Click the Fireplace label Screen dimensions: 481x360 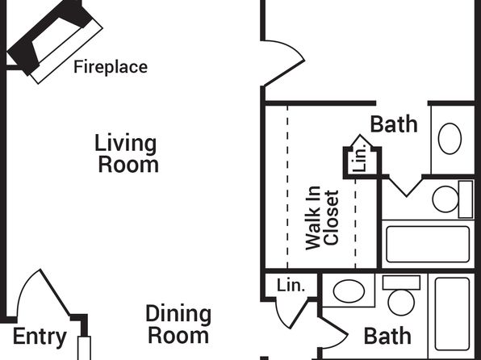click(x=111, y=67)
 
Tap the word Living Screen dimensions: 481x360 click(x=125, y=143)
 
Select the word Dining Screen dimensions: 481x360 click(x=178, y=315)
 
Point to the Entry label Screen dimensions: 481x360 click(x=40, y=337)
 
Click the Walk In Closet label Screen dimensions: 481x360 click(x=322, y=218)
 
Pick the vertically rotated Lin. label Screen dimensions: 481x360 click(x=359, y=157)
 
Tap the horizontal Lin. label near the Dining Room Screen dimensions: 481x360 click(x=291, y=286)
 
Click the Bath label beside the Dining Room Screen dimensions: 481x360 click(x=387, y=337)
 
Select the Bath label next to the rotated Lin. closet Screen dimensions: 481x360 click(x=394, y=124)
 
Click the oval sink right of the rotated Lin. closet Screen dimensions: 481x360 click(x=450, y=139)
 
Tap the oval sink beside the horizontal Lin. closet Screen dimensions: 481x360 click(x=349, y=291)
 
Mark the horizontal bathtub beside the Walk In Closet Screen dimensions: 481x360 click(x=428, y=245)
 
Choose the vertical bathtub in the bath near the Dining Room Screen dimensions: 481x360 click(x=453, y=314)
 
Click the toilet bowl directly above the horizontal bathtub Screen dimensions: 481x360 click(x=445, y=199)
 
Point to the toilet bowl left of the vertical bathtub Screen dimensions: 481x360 click(x=401, y=302)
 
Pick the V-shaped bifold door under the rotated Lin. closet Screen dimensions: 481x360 click(x=406, y=186)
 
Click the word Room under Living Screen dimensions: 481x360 click(x=128, y=165)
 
